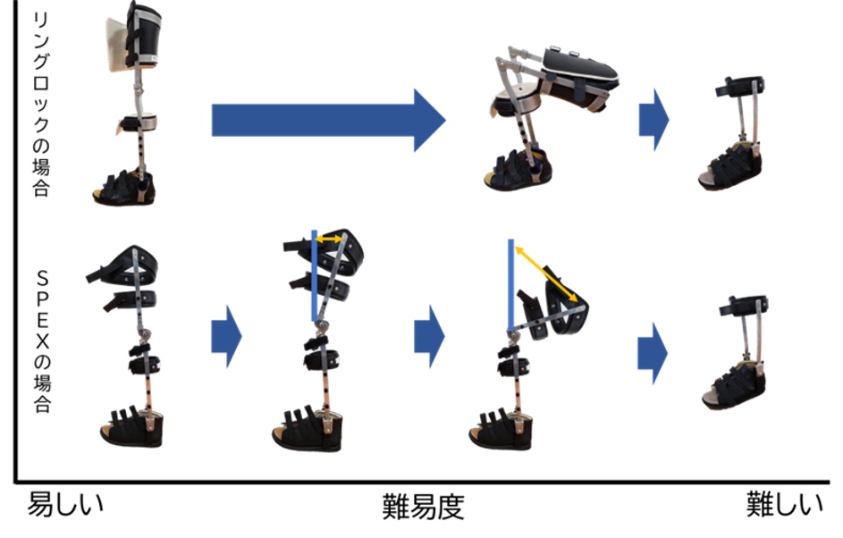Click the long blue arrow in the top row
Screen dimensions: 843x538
coord(328,121)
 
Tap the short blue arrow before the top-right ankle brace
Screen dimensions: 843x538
coord(653,120)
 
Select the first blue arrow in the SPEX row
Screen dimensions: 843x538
coord(226,336)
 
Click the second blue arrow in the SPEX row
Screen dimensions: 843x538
coord(430,336)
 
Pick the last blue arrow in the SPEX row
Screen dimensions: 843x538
coord(653,353)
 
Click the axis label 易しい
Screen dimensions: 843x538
coord(65,504)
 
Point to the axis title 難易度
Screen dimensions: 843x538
coord(423,507)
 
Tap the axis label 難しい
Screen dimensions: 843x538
coord(784,504)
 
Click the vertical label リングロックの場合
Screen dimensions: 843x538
coord(41,105)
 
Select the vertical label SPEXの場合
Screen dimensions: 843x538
coord(43,340)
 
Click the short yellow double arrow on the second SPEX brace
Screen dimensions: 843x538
coord(329,239)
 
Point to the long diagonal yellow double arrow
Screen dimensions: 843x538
coord(546,274)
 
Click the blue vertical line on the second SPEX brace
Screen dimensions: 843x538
coord(315,276)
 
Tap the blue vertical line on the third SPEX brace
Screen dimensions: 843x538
coord(510,285)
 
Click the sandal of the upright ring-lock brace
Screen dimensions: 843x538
coord(125,188)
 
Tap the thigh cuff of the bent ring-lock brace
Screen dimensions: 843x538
coord(578,71)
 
